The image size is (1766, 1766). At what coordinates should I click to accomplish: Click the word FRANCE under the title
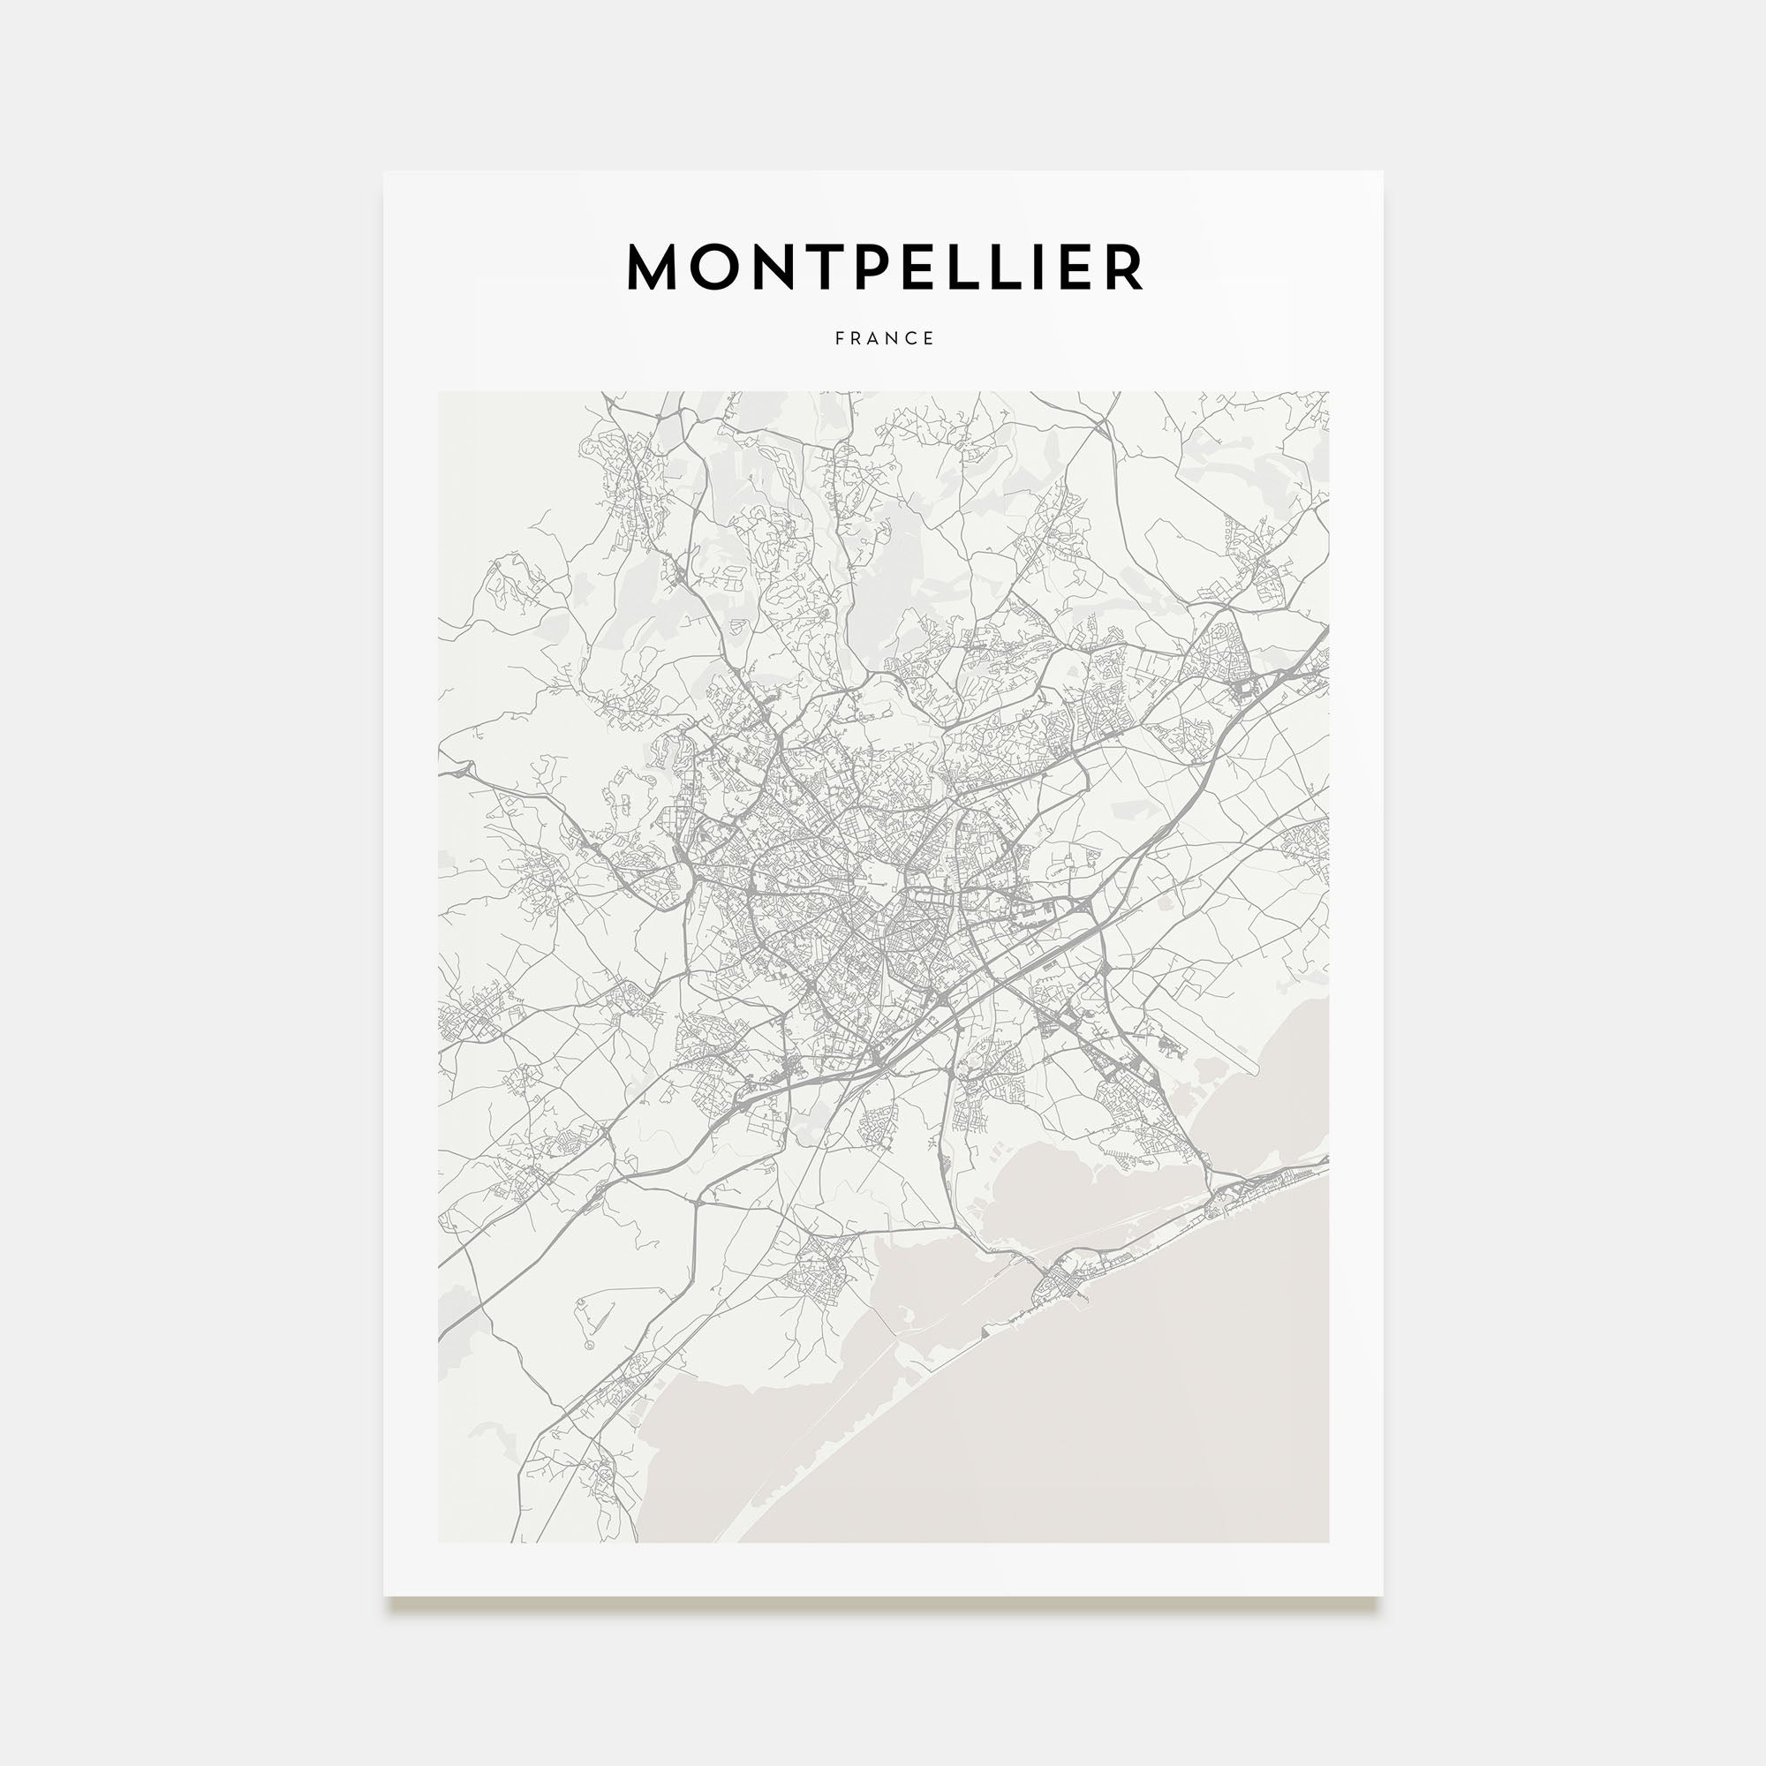click(x=884, y=338)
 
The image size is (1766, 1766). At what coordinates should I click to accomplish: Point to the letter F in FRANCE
click(x=839, y=338)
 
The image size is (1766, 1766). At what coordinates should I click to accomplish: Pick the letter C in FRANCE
click(x=910, y=338)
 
